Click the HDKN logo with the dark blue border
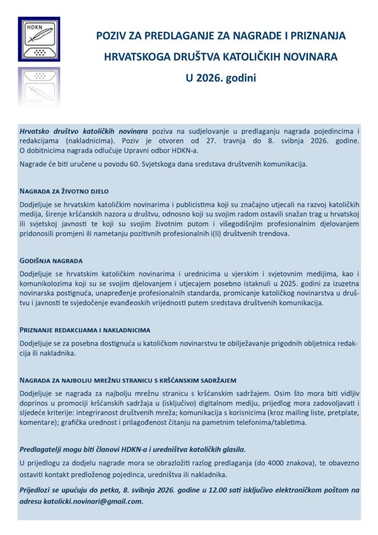tap(39, 39)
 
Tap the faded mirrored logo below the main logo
tap(39, 86)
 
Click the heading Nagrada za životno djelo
tap(64, 191)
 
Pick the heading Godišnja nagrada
tap(51, 260)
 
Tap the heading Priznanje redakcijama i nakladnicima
tap(85, 330)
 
